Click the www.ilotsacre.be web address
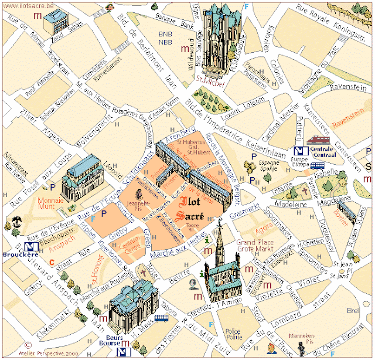tap(28, 5)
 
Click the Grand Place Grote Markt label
tap(254, 244)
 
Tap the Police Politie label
tap(234, 334)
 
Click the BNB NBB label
tap(167, 38)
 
